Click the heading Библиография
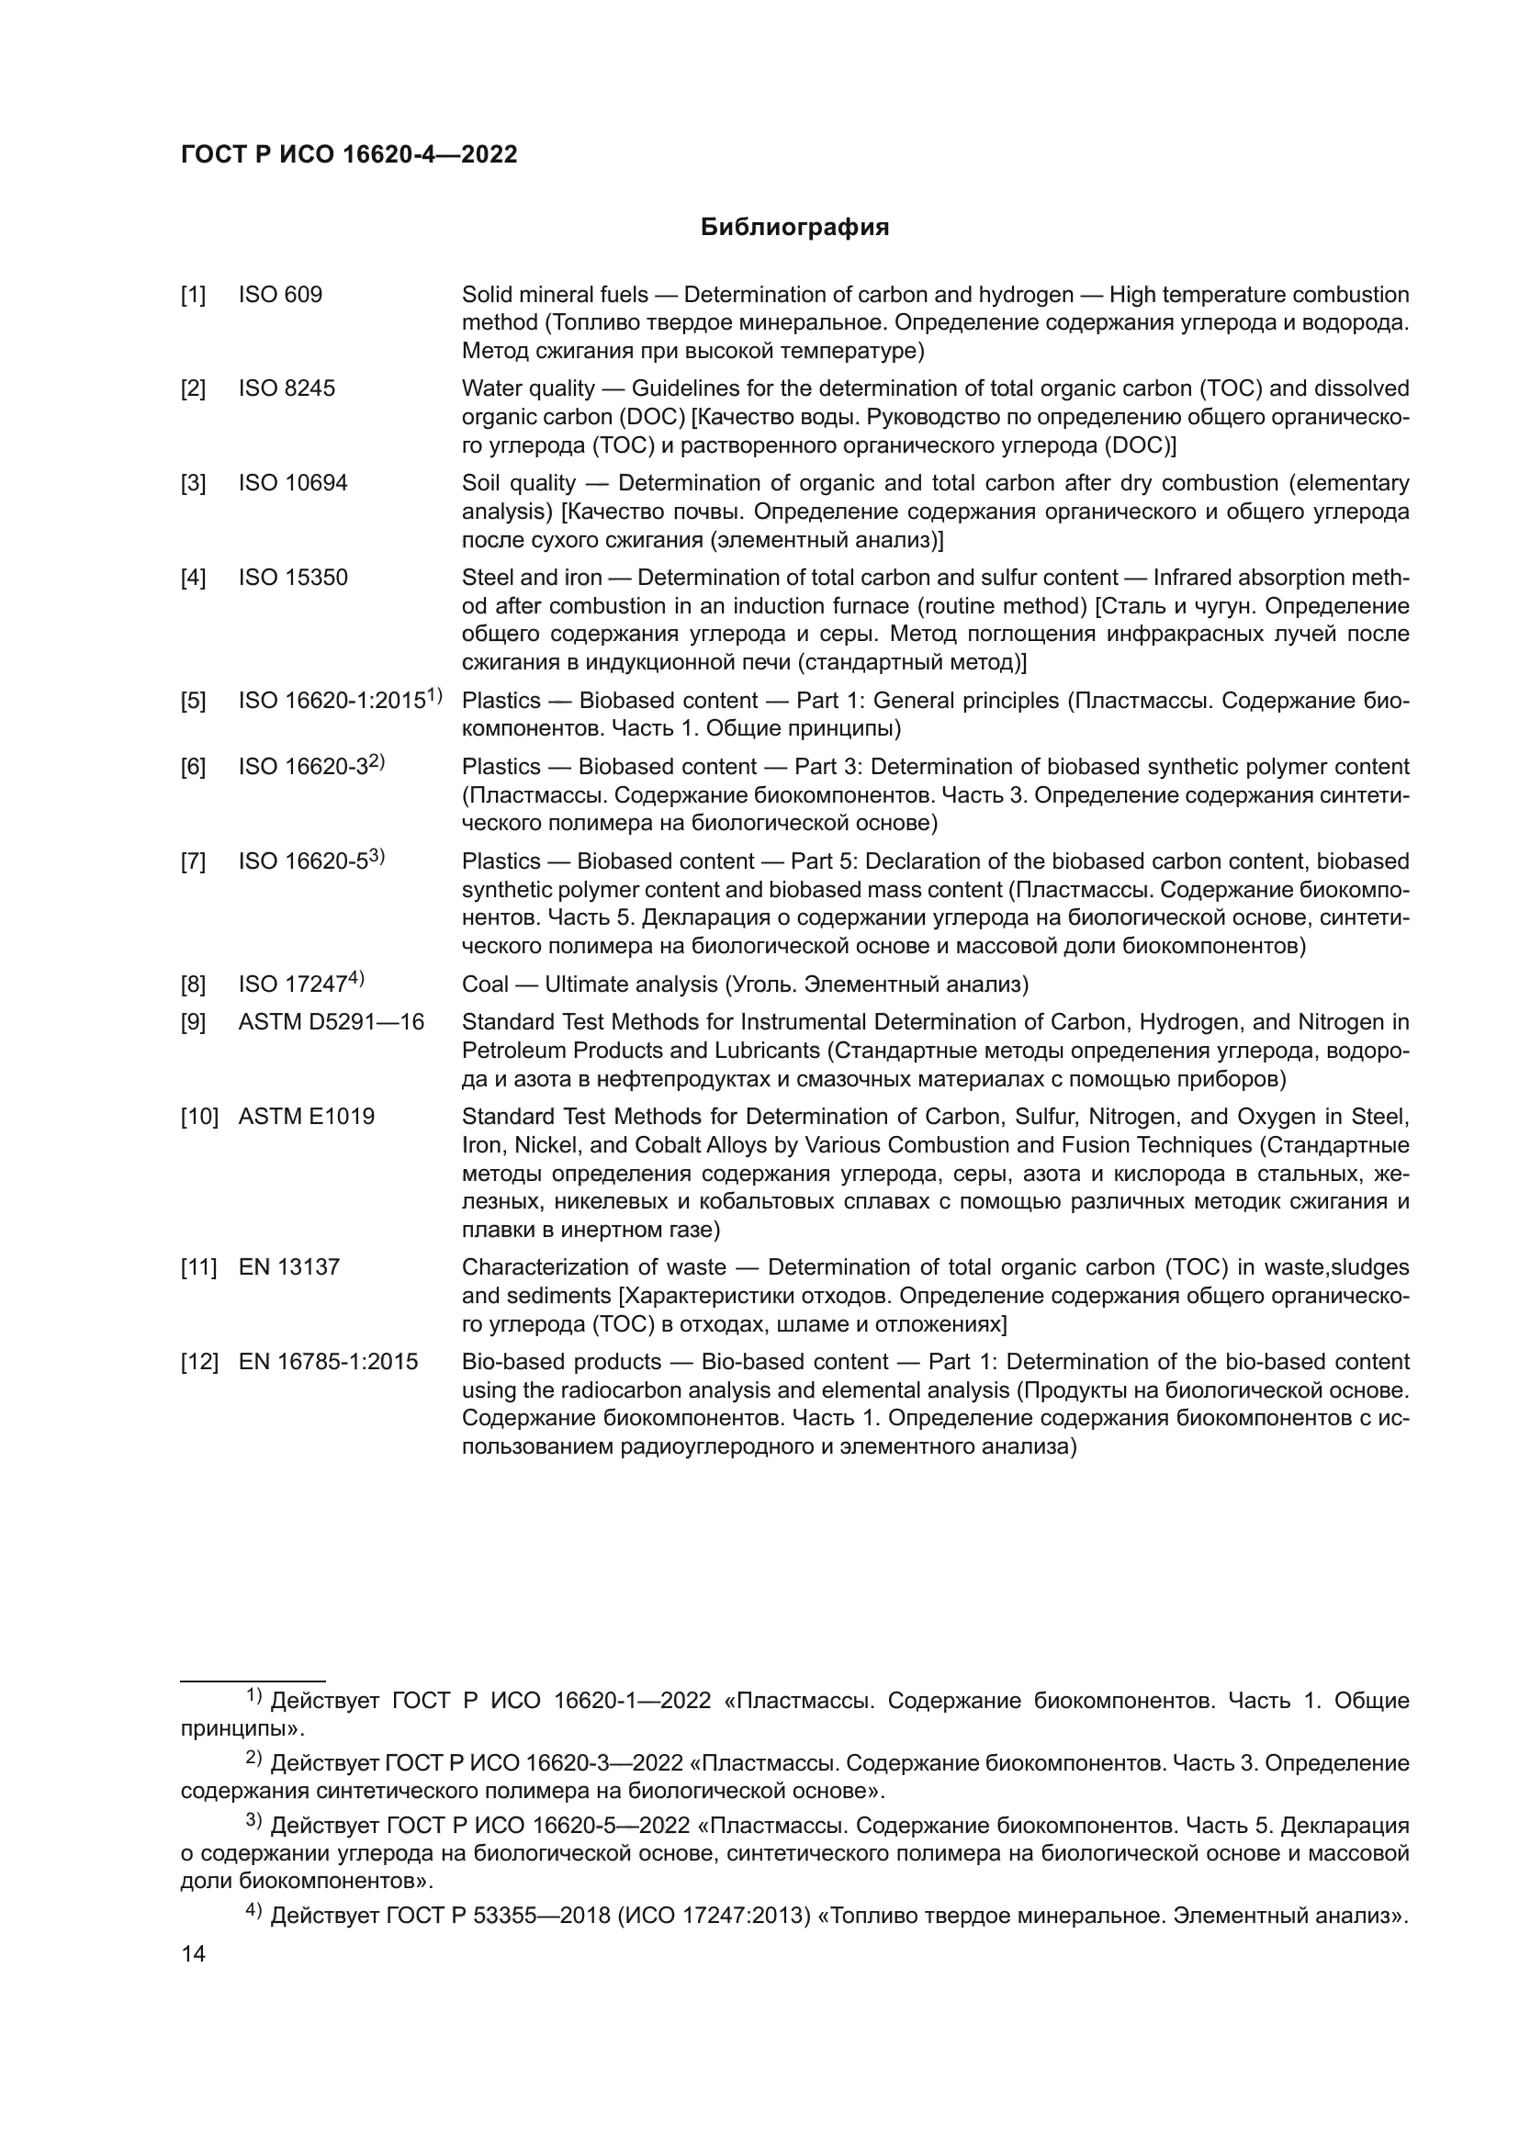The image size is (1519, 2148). (x=794, y=228)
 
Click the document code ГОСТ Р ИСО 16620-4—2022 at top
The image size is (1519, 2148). (x=349, y=155)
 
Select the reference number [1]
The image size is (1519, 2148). (x=194, y=296)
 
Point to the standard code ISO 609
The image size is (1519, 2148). (x=281, y=296)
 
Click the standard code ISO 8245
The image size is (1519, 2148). (x=287, y=389)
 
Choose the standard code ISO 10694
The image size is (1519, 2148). (x=293, y=484)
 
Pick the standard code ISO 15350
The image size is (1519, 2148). (x=293, y=579)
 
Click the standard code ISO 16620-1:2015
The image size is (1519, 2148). (x=333, y=701)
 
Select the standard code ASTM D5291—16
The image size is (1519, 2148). (x=332, y=1022)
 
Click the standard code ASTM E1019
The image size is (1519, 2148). (x=306, y=1117)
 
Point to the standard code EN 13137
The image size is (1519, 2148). (x=289, y=1267)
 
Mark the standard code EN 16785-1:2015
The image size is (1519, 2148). (x=328, y=1362)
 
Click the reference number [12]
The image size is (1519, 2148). (x=199, y=1362)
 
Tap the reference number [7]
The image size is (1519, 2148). (x=194, y=861)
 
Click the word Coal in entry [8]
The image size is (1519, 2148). (x=486, y=984)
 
